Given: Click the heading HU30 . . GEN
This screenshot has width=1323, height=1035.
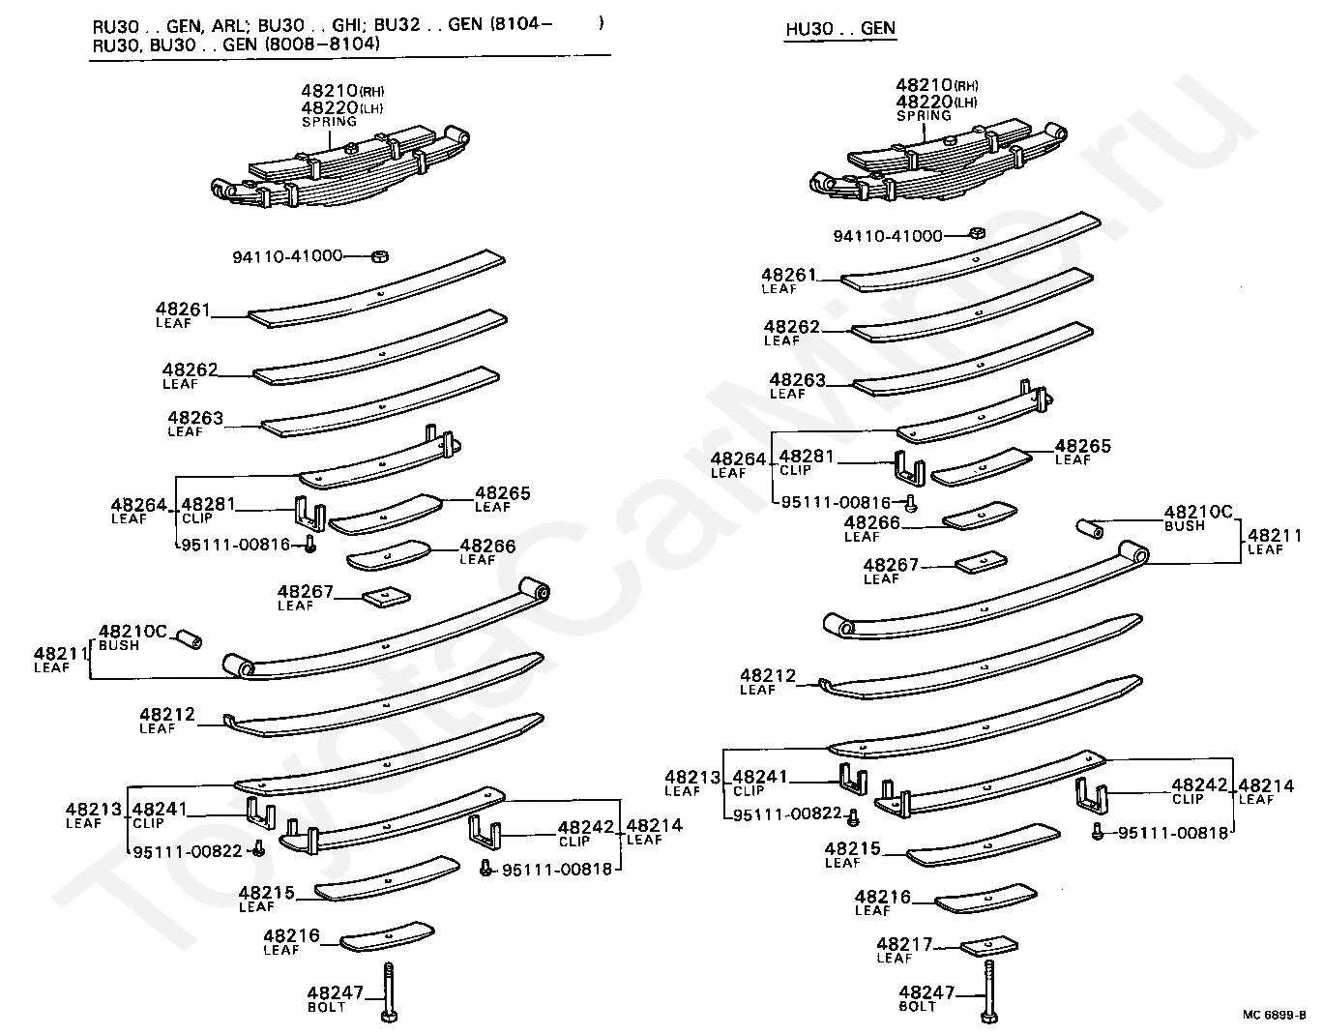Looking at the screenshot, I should (x=839, y=28).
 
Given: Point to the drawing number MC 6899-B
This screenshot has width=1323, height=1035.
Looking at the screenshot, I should (x=1274, y=1015).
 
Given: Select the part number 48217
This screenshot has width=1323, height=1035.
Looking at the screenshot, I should (x=904, y=944).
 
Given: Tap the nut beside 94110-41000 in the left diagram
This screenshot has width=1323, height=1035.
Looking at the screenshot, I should (x=380, y=256).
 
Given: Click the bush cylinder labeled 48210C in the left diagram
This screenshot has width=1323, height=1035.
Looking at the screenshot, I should (x=189, y=639).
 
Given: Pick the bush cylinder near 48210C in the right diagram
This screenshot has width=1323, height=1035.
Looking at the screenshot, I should (x=1090, y=528).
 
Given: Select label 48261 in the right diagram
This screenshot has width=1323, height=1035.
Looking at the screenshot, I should (x=788, y=276).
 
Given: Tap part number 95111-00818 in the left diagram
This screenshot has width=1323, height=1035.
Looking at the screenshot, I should (x=557, y=869).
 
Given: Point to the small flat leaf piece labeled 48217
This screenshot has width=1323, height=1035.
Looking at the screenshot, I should (x=989, y=945).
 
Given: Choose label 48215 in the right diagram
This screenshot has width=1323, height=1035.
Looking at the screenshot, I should (x=852, y=848).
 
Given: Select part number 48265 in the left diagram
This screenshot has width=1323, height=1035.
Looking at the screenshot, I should (x=502, y=493).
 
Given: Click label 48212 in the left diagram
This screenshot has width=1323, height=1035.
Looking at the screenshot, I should (x=166, y=715).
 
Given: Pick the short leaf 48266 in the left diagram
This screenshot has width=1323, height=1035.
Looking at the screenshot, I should (x=388, y=555).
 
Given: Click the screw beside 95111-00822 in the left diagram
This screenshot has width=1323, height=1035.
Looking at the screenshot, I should (x=258, y=851).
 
